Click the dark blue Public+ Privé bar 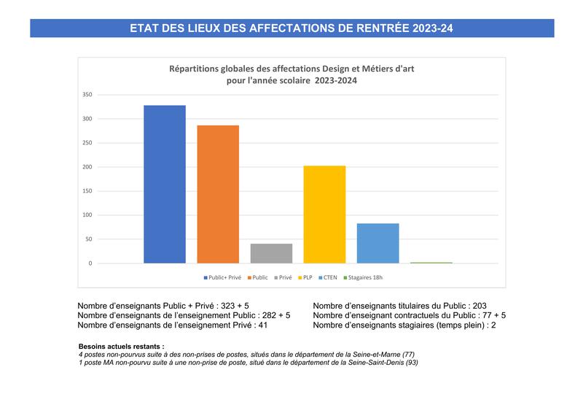(x=165, y=184)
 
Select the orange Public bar (x=218, y=194)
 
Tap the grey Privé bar (x=271, y=253)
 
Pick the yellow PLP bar (x=324, y=214)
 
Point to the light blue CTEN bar (x=377, y=243)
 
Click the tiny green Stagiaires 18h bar (x=431, y=262)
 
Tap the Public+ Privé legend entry (x=225, y=278)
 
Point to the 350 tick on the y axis (x=87, y=95)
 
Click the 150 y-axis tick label (x=87, y=191)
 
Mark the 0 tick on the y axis (x=90, y=263)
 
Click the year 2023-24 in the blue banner (x=431, y=28)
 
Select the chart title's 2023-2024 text (x=335, y=81)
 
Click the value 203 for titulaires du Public (x=477, y=306)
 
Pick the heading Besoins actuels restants (x=121, y=346)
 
